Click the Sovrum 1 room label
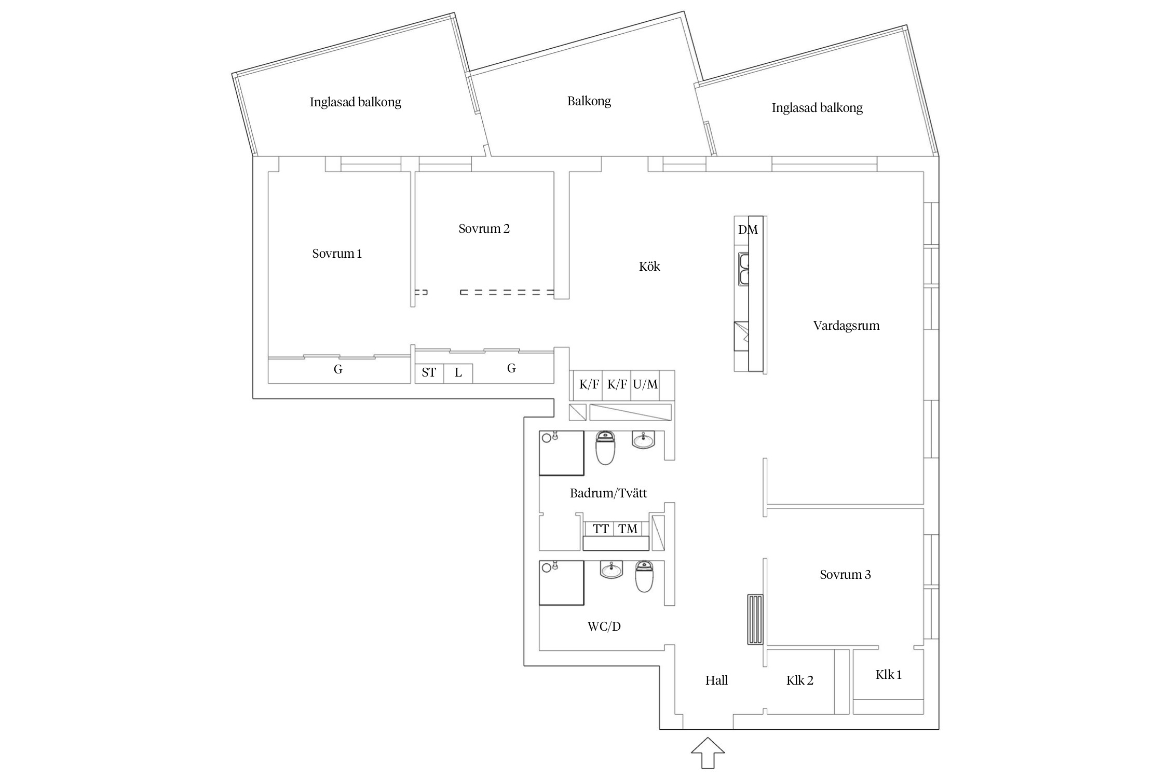[337, 254]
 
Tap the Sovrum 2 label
[484, 229]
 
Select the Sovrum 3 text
[845, 575]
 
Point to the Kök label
[649, 267]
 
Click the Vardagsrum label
[846, 326]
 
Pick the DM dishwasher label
[748, 230]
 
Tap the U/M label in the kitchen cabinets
[645, 384]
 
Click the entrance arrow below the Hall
[708, 753]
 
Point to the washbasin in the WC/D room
[611, 570]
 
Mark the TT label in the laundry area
[601, 529]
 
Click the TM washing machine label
[628, 529]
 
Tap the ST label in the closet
[429, 372]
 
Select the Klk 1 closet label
[888, 675]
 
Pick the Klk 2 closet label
[799, 680]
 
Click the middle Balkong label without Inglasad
[589, 101]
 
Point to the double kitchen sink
[744, 269]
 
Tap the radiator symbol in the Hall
[755, 619]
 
